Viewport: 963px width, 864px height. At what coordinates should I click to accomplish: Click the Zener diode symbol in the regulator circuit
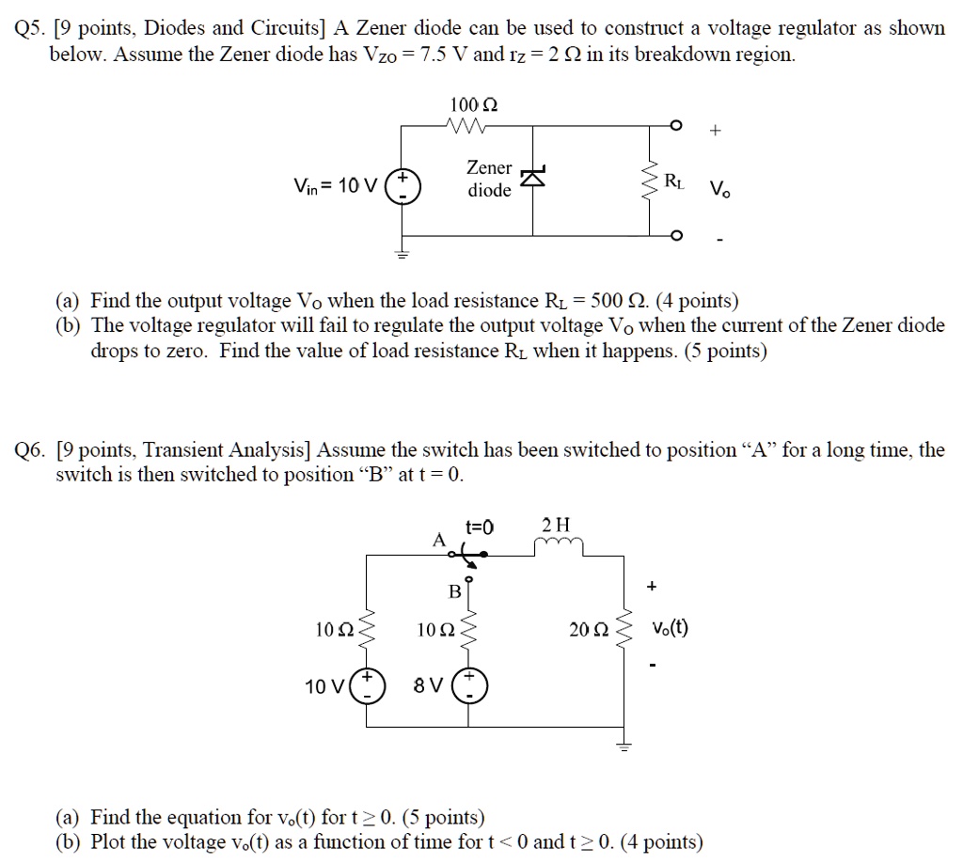[x=534, y=178]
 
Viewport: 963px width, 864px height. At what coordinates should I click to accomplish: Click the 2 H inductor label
[x=557, y=525]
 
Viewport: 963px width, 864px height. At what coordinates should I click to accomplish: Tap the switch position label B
[x=454, y=591]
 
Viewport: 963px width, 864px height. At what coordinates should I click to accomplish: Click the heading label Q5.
[x=31, y=28]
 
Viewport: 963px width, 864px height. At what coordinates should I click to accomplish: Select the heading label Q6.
[x=31, y=450]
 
